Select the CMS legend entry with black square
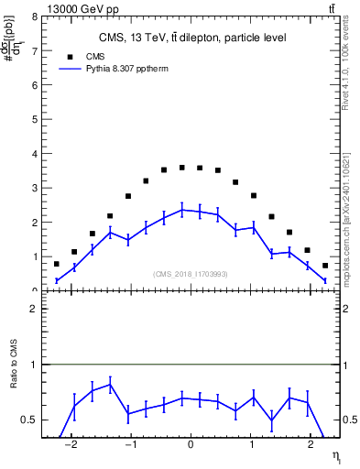[82, 56]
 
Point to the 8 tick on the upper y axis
[34, 16]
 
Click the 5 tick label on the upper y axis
[34, 120]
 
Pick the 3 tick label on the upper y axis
[34, 188]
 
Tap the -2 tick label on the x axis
[72, 449]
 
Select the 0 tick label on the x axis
[191, 449]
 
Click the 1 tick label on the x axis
[249, 449]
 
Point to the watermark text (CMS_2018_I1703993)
[190, 274]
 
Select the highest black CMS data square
[182, 168]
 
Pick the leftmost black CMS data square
[57, 264]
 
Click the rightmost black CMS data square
[325, 266]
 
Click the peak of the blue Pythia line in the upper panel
[182, 210]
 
